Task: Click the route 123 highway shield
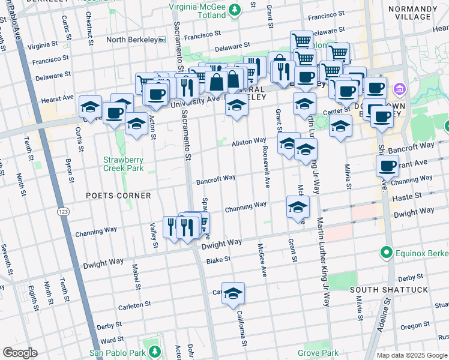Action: click(x=62, y=212)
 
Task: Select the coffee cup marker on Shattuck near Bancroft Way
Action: click(x=387, y=165)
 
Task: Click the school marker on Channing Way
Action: click(x=298, y=207)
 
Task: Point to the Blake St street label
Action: click(x=218, y=259)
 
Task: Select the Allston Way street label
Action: click(x=249, y=142)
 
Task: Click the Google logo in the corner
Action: click(x=20, y=353)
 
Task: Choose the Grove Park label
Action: click(x=318, y=352)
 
